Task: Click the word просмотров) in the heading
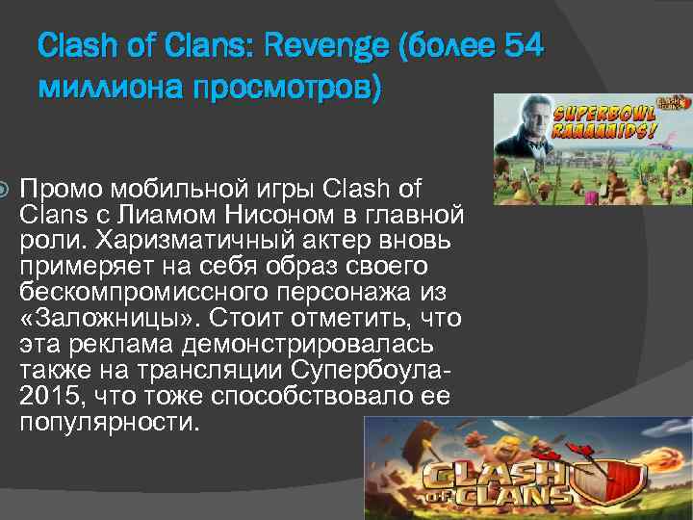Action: click(286, 88)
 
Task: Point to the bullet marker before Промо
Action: click(9, 185)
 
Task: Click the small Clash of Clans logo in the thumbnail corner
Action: click(671, 106)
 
